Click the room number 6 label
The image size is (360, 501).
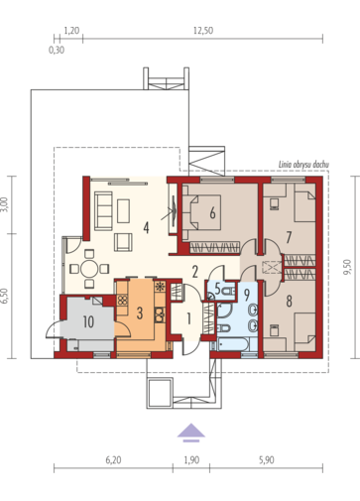pyautogui.click(x=212, y=212)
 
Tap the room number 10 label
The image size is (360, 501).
pyautogui.click(x=88, y=321)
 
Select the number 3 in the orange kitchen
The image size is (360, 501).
pyautogui.click(x=140, y=313)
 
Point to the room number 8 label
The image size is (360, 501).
pyautogui.click(x=289, y=301)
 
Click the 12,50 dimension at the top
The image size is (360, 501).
pyautogui.click(x=203, y=31)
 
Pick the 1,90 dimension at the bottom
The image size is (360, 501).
pyautogui.click(x=191, y=460)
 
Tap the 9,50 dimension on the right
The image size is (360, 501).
pyautogui.click(x=347, y=267)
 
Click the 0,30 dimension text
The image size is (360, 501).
pyautogui.click(x=57, y=51)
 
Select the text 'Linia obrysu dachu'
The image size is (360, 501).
pyautogui.click(x=303, y=165)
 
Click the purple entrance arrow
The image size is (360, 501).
pyautogui.click(x=191, y=432)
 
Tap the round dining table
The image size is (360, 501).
pyautogui.click(x=89, y=269)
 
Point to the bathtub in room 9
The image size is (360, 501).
pyautogui.click(x=231, y=345)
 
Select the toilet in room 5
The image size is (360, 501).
pyautogui.click(x=229, y=291)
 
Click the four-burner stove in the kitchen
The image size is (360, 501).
pyautogui.click(x=122, y=301)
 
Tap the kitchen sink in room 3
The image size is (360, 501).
pyautogui.click(x=160, y=314)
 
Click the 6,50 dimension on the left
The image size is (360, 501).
pyautogui.click(x=4, y=296)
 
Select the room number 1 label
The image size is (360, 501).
pyautogui.click(x=188, y=318)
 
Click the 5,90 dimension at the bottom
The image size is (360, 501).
pyautogui.click(x=267, y=460)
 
